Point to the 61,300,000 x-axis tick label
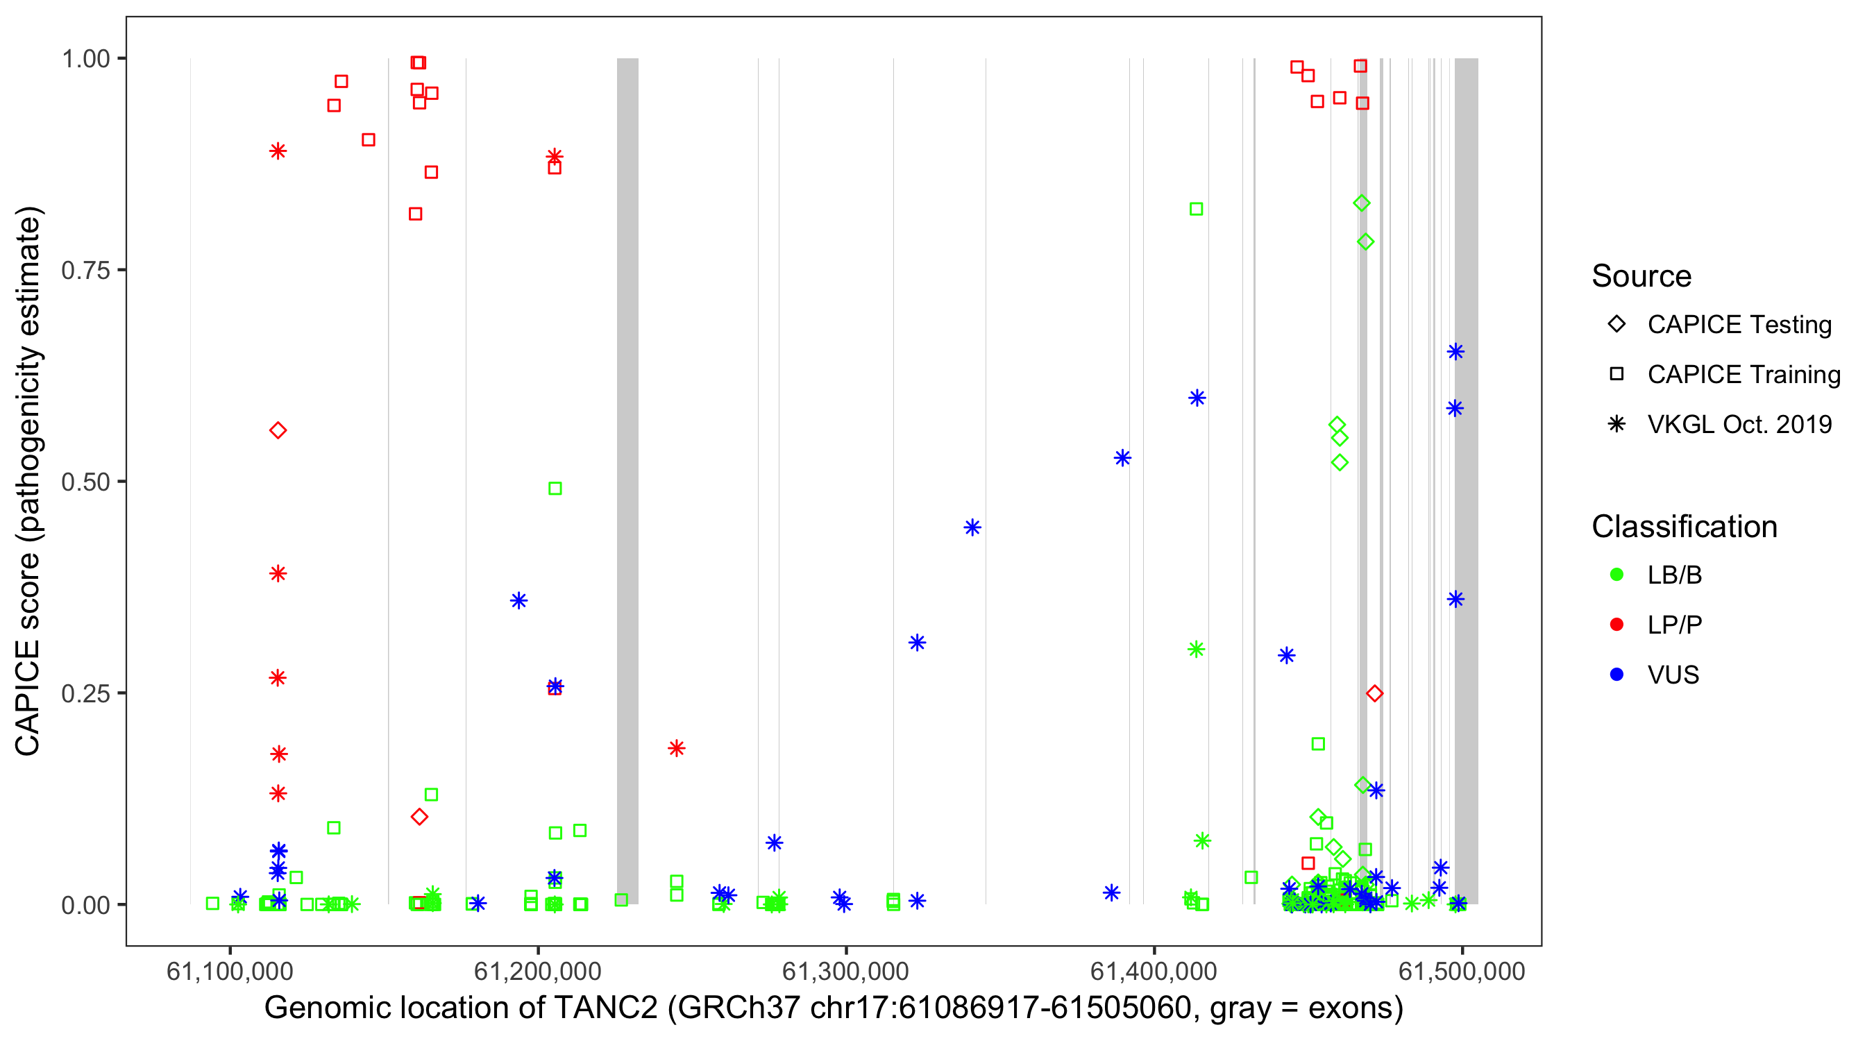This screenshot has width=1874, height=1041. point(845,971)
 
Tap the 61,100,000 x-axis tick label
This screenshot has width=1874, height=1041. point(230,971)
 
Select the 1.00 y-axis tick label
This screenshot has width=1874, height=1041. point(85,58)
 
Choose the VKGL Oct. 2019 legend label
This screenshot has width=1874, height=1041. point(1739,424)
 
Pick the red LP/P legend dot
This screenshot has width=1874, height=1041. point(1616,625)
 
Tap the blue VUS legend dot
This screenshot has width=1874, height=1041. point(1616,675)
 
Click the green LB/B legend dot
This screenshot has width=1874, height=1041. point(1616,575)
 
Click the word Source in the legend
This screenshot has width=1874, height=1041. point(1641,276)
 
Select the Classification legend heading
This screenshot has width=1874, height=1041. point(1684,527)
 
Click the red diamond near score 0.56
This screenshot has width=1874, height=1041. point(278,431)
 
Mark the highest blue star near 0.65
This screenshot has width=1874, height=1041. point(1455,352)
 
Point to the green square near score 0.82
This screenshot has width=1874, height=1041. point(1196,210)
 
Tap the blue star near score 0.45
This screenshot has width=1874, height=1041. point(972,527)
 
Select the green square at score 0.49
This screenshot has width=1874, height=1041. point(555,489)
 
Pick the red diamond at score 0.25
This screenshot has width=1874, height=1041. point(1374,694)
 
